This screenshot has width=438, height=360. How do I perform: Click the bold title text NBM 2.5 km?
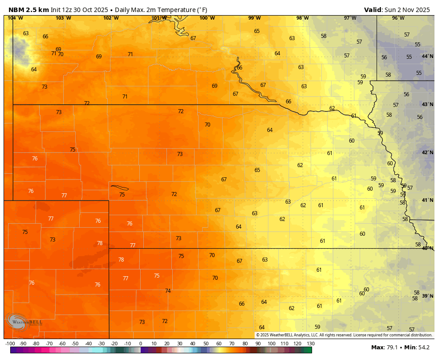point(28,10)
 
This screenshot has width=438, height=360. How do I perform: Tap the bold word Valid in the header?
point(373,10)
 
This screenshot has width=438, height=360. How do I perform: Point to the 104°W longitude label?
point(15,18)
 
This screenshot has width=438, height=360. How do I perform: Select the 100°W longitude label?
point(207,18)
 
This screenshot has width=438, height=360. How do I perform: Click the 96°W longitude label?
point(398,18)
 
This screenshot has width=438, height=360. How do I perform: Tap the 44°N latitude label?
point(427,57)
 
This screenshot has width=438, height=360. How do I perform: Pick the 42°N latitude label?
point(427,152)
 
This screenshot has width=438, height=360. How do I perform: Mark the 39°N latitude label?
point(427,296)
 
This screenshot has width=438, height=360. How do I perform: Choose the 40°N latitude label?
point(427,248)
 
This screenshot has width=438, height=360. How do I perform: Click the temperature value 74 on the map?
point(168,291)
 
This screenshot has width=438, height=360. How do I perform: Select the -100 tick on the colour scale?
point(10,344)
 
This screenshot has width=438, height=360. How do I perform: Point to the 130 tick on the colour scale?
point(310,344)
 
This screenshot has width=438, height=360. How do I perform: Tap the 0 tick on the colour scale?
point(140,344)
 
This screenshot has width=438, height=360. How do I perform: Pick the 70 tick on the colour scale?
point(232,344)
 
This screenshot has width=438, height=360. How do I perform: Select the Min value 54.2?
point(423,348)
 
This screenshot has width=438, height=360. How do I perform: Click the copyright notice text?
point(344,335)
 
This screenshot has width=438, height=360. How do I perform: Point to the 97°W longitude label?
point(350,18)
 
